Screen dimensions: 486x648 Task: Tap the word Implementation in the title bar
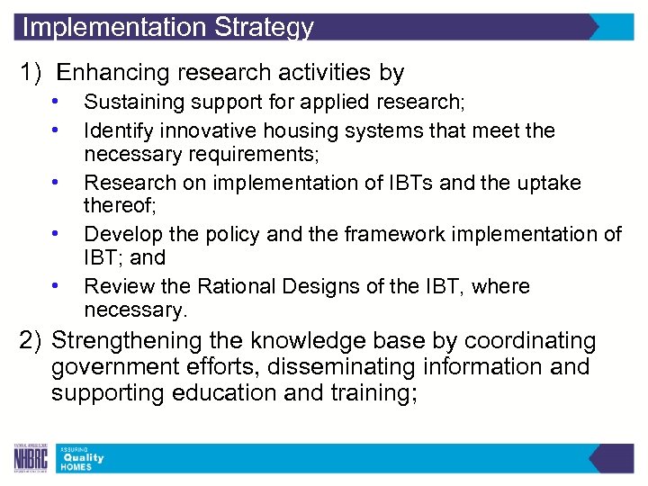(x=114, y=27)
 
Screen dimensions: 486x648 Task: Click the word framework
(x=392, y=235)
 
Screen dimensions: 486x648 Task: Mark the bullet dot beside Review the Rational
(x=56, y=286)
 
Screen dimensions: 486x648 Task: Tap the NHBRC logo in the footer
(x=32, y=459)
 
